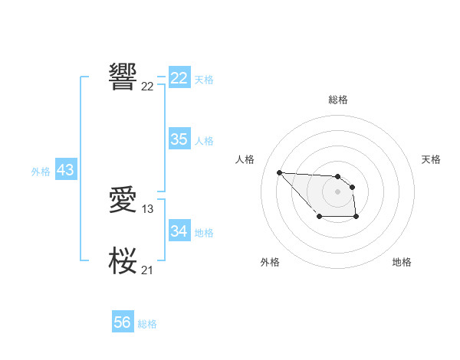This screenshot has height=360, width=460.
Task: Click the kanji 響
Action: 123,76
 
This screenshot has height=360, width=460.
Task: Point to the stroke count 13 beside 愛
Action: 148,209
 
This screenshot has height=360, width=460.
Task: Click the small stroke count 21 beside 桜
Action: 147,269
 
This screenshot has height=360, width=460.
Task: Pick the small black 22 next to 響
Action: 147,86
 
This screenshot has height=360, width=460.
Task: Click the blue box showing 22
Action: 179,78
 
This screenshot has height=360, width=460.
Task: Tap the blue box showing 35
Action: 179,139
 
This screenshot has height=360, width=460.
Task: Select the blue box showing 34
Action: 179,231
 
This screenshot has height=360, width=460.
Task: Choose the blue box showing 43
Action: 65,170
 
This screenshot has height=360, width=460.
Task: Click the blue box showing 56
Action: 122,322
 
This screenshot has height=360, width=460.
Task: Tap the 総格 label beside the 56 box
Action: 147,324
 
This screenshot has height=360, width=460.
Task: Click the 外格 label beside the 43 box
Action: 41,172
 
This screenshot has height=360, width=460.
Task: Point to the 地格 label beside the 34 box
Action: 204,232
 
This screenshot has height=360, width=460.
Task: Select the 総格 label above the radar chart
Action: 337,100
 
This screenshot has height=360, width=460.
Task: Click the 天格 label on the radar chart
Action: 432,159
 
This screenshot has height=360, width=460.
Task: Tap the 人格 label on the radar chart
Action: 245,159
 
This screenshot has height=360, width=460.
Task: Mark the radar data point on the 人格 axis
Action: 279,172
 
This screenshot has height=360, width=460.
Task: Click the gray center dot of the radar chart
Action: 337,191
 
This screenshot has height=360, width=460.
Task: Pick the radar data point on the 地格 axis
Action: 356,217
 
